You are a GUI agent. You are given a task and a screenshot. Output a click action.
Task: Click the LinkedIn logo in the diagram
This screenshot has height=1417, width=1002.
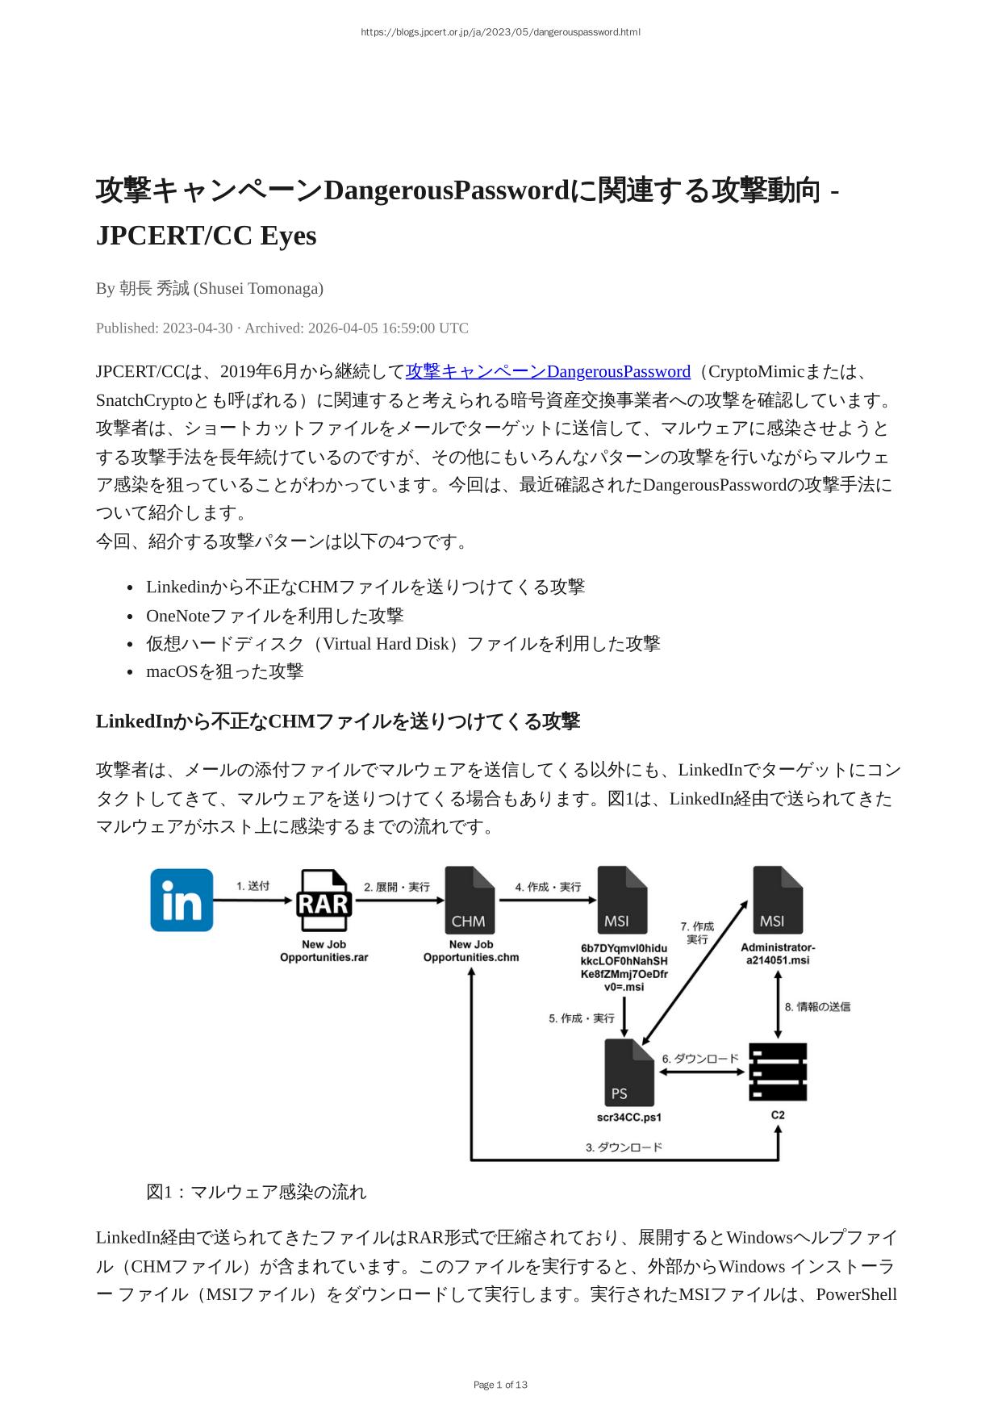[182, 900]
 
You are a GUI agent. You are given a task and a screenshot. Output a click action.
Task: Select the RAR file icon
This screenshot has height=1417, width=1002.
[324, 901]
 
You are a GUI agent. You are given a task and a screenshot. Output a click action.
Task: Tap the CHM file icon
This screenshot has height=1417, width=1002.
[470, 901]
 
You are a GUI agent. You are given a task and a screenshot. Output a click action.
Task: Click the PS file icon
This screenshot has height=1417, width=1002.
[628, 1073]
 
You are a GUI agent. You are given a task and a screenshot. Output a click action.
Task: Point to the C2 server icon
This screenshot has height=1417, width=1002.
[778, 1072]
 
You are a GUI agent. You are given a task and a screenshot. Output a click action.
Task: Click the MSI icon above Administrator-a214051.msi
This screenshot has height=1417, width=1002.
[777, 900]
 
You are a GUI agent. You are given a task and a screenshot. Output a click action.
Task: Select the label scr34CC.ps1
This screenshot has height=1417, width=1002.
[628, 1118]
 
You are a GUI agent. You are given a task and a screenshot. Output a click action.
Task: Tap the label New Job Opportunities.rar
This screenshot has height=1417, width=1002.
[324, 951]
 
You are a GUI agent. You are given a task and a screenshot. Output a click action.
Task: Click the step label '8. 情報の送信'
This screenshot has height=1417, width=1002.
[817, 1006]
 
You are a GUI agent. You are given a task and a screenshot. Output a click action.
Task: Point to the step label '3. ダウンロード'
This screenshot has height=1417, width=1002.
[624, 1147]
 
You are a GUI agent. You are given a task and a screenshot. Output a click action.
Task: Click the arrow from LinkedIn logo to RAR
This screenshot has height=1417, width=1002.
[253, 900]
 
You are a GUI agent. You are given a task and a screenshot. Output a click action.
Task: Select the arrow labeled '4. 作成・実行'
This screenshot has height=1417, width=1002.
[547, 900]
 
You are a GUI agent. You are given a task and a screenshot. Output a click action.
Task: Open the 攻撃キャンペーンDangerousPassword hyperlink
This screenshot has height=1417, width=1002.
[548, 371]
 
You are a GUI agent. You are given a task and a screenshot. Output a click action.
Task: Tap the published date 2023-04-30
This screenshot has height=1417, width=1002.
[197, 328]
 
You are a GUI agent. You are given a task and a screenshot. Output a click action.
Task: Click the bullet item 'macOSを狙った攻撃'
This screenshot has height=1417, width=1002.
[224, 671]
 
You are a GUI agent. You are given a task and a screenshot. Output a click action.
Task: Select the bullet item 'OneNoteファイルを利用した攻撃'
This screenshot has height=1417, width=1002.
[274, 616]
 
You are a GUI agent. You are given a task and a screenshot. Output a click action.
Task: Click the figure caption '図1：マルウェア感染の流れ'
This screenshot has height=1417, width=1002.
[256, 1192]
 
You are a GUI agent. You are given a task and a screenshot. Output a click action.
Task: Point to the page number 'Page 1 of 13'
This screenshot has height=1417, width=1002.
[500, 1385]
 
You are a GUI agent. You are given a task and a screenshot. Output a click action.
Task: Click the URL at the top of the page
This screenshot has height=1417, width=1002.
[500, 32]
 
